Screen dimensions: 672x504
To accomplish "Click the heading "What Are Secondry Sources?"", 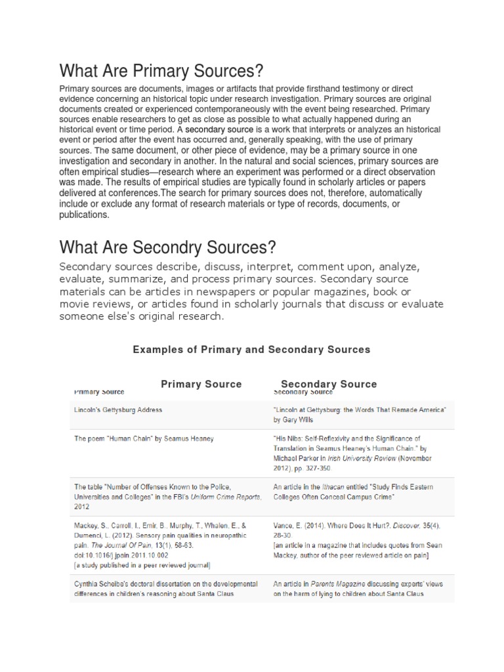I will coord(167,248).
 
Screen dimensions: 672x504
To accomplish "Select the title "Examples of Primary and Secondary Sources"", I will coord(251,350).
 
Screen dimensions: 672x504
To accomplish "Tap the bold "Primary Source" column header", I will coord(201,384).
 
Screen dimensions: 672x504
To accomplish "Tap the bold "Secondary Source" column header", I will coord(329,384).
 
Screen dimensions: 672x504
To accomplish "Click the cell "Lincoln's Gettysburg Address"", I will coord(118,409).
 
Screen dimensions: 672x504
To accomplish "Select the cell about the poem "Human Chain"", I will coord(135,438).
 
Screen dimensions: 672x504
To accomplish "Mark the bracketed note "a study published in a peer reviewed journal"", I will coord(142,564).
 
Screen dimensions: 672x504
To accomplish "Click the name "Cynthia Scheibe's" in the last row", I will coord(102,584).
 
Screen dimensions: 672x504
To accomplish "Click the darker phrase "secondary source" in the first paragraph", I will coord(219,130).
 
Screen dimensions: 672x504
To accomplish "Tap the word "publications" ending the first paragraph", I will coord(85,214).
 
